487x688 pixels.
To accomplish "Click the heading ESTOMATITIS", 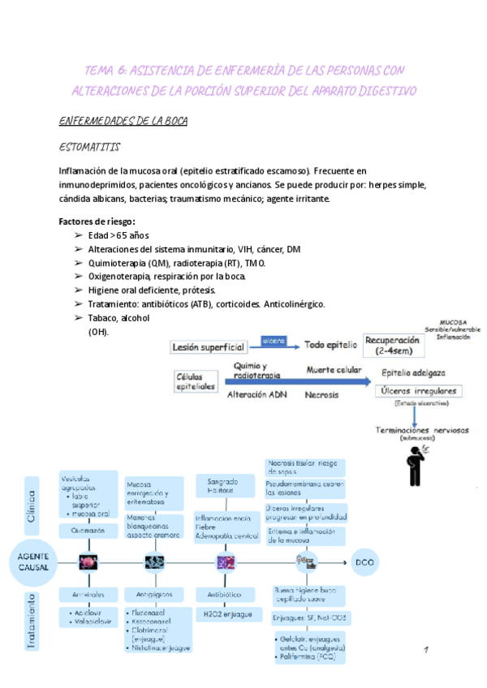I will (x=90, y=148).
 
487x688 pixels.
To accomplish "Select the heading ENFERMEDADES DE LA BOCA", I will (x=123, y=122).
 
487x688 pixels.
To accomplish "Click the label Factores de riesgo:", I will (x=97, y=221).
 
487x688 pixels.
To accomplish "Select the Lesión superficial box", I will (x=209, y=347).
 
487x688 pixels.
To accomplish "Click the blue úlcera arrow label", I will (x=273, y=342).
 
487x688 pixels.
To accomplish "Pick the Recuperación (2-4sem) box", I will (x=393, y=345).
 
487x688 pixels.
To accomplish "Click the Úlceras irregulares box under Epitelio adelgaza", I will (x=418, y=391).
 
